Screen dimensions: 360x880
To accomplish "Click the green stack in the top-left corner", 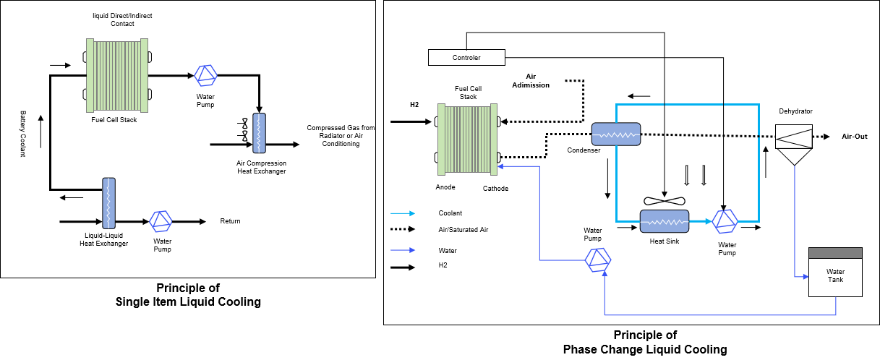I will (x=117, y=75).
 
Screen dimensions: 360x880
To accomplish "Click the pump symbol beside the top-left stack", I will (x=205, y=75).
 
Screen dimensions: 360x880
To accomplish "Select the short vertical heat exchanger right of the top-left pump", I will (x=259, y=133).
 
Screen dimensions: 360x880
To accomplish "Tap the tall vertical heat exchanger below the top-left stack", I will (x=108, y=203).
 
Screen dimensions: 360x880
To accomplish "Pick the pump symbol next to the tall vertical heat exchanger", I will (x=161, y=221).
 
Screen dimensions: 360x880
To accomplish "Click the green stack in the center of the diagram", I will (x=467, y=140).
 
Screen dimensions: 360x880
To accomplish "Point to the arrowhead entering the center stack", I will (x=500, y=166).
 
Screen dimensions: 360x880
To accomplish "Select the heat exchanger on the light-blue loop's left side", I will (x=616, y=134).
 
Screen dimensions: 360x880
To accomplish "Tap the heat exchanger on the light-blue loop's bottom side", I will (x=665, y=221).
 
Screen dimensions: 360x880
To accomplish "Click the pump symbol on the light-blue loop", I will (x=725, y=221).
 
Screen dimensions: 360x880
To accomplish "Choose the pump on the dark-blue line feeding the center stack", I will (x=598, y=260).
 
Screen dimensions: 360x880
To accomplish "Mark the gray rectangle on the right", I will (x=835, y=253).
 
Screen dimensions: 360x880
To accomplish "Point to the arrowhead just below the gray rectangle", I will (x=806, y=276).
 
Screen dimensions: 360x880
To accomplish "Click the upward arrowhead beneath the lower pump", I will (x=605, y=274).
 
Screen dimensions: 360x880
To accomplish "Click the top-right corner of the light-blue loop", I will (x=759, y=105).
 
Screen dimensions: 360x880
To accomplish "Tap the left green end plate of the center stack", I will (x=441, y=140).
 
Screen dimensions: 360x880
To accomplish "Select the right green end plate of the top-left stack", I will (x=144, y=75).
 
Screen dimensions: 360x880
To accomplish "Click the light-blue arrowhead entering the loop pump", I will (x=708, y=221).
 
